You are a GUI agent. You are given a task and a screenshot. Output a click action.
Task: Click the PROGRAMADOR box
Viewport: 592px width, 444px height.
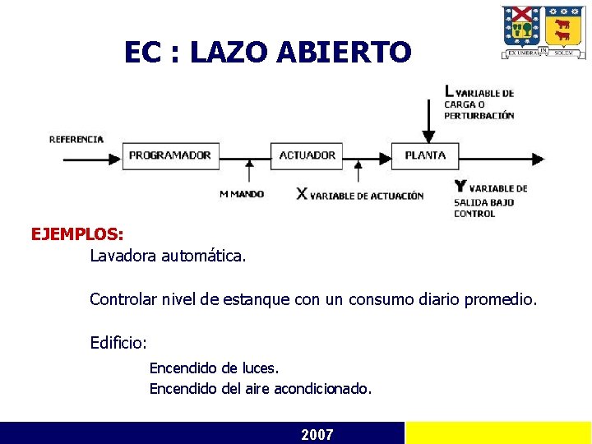[x=170, y=155]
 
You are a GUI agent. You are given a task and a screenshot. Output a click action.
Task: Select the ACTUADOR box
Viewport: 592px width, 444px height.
[x=307, y=155]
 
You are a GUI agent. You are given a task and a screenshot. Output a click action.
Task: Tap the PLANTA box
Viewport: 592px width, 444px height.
[x=425, y=155]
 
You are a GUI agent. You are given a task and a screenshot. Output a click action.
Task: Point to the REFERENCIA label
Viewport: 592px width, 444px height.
[x=76, y=139]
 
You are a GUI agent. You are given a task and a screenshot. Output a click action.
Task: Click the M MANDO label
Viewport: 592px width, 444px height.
[x=242, y=194]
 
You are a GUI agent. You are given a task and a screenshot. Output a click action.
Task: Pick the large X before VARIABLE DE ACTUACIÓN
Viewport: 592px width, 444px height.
[x=302, y=194]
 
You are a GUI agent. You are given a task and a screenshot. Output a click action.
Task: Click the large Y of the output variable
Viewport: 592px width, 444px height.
[x=460, y=187]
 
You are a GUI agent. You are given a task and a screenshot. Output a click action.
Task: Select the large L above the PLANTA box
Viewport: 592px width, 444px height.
[x=449, y=91]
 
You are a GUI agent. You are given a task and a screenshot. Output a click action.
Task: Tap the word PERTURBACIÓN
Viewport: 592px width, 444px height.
[x=479, y=116]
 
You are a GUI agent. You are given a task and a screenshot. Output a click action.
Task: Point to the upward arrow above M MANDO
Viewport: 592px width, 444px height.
[x=249, y=171]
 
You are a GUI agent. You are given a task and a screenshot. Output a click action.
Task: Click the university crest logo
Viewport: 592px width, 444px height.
[x=543, y=32]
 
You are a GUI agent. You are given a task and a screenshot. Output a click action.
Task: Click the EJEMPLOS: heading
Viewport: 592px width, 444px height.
[x=77, y=234]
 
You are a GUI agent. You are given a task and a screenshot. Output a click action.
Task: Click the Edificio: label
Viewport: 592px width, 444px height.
[x=118, y=342]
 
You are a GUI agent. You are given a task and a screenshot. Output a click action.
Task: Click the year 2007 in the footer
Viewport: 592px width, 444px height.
[x=317, y=434]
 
